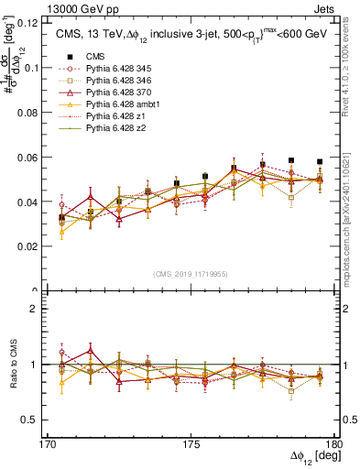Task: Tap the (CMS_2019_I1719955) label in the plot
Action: tap(191, 274)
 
